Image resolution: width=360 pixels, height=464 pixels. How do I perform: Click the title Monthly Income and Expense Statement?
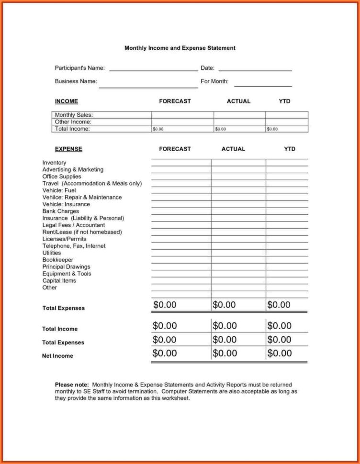[x=180, y=48]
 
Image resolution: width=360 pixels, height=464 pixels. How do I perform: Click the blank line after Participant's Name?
[x=153, y=70]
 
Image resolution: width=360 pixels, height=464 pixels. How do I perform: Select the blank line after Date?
[x=255, y=70]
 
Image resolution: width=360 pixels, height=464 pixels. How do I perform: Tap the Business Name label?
[x=76, y=81]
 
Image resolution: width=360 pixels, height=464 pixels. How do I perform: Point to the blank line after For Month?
[x=263, y=86]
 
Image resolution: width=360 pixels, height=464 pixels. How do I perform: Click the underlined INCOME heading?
[x=67, y=101]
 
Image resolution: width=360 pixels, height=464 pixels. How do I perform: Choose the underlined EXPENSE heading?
[x=68, y=149]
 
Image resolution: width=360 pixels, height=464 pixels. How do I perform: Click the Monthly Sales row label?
[x=74, y=115]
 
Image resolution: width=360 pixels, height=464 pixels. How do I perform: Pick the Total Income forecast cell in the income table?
[x=182, y=129]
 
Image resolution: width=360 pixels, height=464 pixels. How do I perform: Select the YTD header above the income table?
[x=284, y=101]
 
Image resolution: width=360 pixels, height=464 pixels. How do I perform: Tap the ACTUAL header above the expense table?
[x=233, y=149]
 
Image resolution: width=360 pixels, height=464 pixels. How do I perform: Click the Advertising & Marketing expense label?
[x=73, y=170]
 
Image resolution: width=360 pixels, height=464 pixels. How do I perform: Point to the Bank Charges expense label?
[x=61, y=211]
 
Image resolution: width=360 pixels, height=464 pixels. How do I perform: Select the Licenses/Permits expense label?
[x=65, y=239]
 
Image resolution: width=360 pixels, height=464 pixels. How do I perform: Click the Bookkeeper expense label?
[x=58, y=260]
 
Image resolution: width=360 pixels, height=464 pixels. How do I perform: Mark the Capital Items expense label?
[x=59, y=281]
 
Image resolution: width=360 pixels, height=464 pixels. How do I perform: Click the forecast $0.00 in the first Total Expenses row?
[x=165, y=305]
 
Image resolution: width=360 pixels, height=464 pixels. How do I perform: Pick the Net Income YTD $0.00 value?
[x=280, y=354]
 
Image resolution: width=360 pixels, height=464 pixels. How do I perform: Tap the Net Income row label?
[x=57, y=356]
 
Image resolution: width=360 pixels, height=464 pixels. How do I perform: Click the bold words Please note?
[x=72, y=385]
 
